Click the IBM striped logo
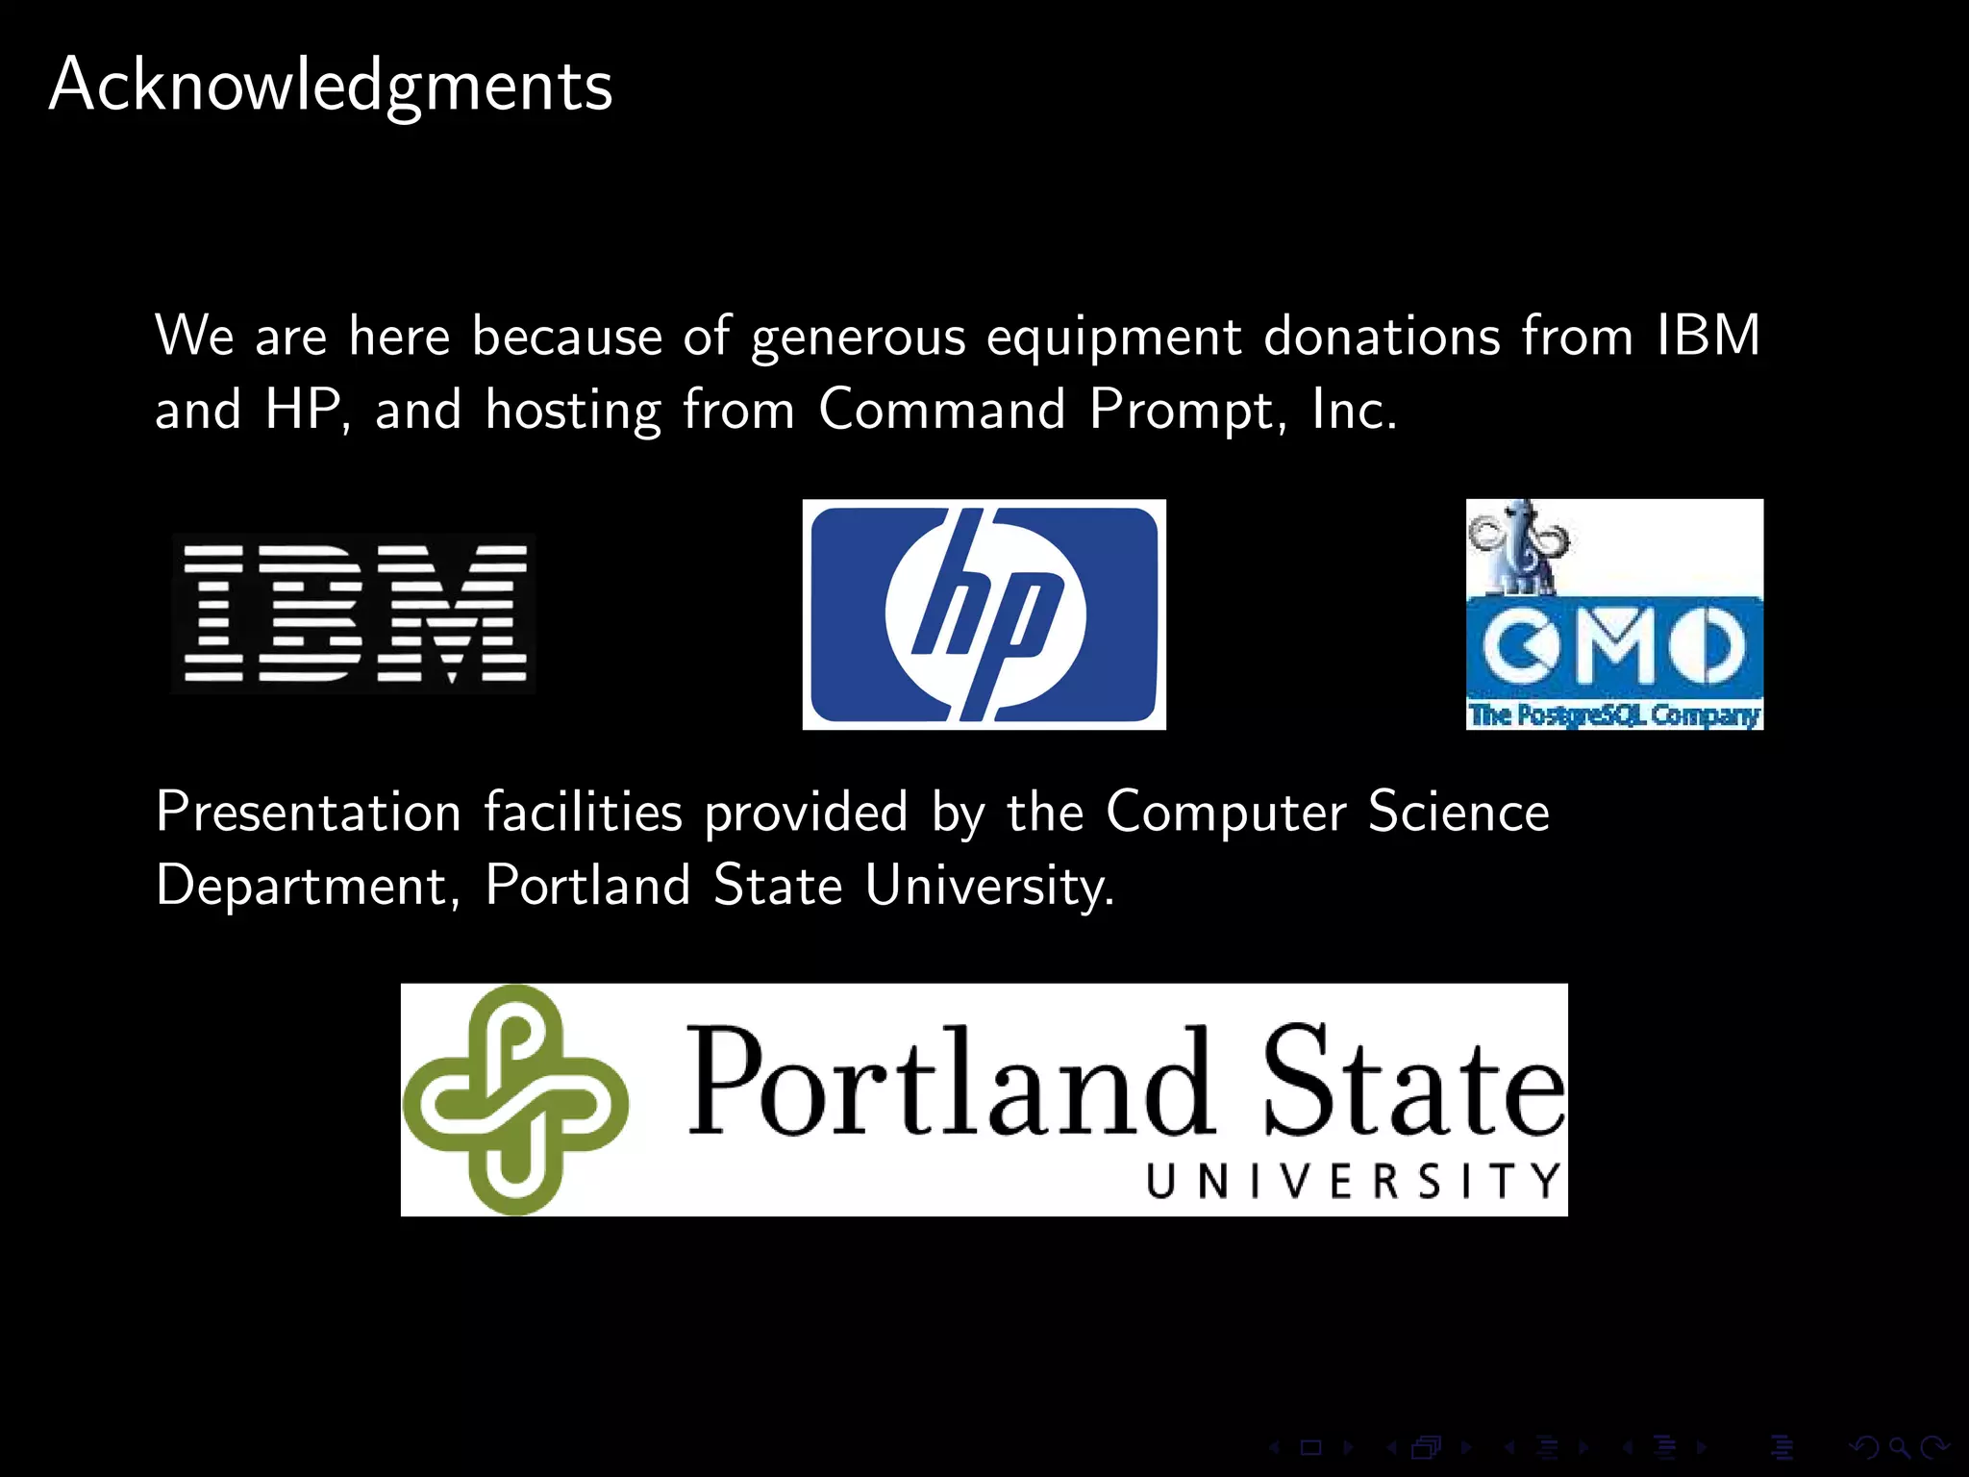click(355, 613)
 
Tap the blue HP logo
click(984, 614)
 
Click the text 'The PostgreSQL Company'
click(1614, 714)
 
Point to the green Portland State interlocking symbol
click(515, 1099)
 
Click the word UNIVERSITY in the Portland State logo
click(1354, 1180)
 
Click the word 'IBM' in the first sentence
click(1707, 336)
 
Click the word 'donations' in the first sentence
click(1382, 336)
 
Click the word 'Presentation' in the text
click(309, 812)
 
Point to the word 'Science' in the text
click(1458, 812)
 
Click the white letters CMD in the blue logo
click(1614, 645)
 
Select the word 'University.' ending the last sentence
click(989, 886)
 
